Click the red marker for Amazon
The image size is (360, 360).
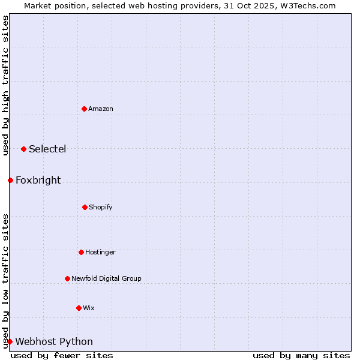tap(84, 109)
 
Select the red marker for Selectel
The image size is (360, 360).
tap(23, 149)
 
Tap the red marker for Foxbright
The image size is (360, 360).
tap(10, 180)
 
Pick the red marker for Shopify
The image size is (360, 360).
tap(85, 207)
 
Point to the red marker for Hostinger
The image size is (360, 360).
tap(81, 252)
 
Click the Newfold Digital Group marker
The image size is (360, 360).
tap(67, 278)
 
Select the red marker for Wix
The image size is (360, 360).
tap(79, 308)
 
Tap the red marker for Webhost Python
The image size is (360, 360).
tap(10, 341)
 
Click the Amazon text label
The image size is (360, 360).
tap(101, 109)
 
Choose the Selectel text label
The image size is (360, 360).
tap(47, 149)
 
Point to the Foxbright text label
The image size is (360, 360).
tap(38, 180)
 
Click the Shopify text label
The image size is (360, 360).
tap(101, 207)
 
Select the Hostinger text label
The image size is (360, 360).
tap(100, 252)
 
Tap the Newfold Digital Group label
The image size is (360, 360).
tap(106, 278)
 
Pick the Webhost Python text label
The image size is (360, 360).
tap(54, 341)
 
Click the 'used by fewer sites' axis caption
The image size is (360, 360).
tap(62, 355)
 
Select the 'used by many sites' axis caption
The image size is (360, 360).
tap(301, 355)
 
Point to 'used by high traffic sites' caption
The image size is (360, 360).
tap(5, 85)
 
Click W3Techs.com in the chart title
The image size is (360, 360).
tap(308, 5)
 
